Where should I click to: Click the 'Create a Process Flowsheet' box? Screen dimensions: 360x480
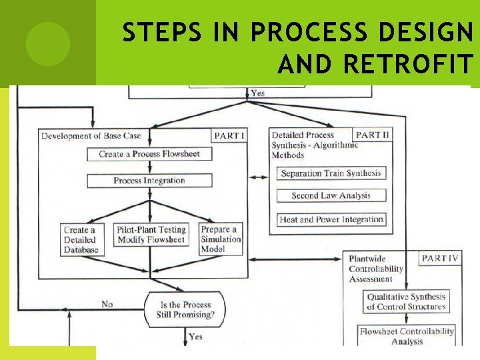[x=149, y=154]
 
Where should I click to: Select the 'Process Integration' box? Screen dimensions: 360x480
[x=149, y=181]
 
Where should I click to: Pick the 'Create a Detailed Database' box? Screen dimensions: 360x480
[x=81, y=239]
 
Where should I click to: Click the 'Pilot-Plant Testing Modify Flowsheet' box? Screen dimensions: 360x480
[x=151, y=235]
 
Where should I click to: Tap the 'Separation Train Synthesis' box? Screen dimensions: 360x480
[x=331, y=173]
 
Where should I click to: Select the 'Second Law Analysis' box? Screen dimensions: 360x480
[x=331, y=196]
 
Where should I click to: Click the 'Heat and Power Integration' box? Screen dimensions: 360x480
[x=331, y=219]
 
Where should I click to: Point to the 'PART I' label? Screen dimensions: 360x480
[x=229, y=136]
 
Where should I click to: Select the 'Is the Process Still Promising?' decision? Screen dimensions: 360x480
[x=185, y=309]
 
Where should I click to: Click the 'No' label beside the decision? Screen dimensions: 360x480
[x=107, y=304]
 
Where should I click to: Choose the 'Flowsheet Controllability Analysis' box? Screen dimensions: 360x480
[x=407, y=335]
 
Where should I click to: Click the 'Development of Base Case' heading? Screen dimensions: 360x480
[x=91, y=136]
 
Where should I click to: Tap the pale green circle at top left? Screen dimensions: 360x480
[x=48, y=44]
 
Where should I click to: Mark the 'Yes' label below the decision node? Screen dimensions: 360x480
[x=195, y=337]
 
